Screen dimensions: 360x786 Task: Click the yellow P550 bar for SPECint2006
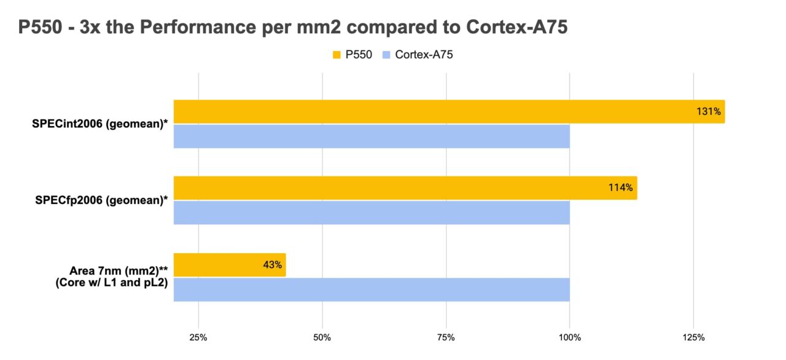(430, 112)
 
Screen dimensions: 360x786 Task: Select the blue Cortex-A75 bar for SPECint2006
(372, 136)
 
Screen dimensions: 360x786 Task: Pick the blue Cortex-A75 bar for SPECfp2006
(372, 213)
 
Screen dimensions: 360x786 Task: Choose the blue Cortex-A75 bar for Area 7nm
(372, 289)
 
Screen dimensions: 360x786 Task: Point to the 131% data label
(708, 112)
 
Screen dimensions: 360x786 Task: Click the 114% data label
(620, 188)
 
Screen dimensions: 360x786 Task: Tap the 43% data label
(272, 265)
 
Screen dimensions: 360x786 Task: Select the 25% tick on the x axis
(198, 338)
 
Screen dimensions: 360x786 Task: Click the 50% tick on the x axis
(322, 338)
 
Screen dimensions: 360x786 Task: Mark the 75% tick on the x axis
(446, 338)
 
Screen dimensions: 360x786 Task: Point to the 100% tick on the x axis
(569, 338)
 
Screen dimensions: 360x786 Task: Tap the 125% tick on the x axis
(693, 338)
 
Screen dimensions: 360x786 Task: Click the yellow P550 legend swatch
(337, 55)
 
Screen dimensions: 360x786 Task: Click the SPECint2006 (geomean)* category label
(100, 123)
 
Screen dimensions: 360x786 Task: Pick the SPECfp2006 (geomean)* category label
(102, 200)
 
